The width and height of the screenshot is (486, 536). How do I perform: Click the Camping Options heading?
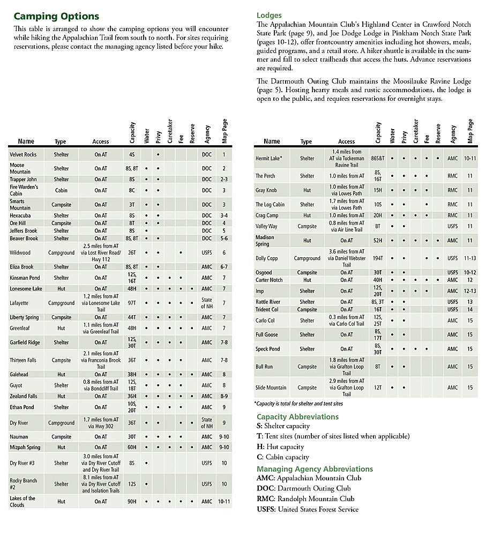pos(56,17)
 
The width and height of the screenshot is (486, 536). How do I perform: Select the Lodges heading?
pos(269,16)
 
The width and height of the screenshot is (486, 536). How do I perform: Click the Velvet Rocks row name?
pos(23,154)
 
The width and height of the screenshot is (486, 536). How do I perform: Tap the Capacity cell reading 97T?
pos(132,303)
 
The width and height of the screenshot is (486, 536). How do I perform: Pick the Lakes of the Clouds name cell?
pos(23,502)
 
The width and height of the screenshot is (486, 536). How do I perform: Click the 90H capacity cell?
pos(132,502)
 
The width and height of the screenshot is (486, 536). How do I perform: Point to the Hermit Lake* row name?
pos(269,158)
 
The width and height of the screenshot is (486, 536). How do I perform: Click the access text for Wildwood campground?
pos(101,252)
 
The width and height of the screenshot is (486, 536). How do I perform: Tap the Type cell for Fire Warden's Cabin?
pos(61,190)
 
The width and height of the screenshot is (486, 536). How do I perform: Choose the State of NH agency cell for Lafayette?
pos(207,303)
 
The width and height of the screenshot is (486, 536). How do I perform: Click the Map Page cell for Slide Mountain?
pos(470,388)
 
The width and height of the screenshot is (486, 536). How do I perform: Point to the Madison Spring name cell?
pos(265,241)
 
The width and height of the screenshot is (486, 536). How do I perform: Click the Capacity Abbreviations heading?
pos(297,416)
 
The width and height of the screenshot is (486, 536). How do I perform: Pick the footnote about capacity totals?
pos(298,404)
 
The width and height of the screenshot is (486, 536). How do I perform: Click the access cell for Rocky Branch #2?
pos(101,484)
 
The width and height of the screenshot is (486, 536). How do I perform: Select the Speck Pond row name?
pos(267,349)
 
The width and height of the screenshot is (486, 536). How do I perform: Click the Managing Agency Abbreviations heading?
pos(315,468)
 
